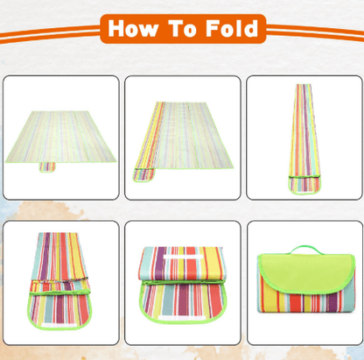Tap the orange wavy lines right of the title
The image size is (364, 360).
pos(311,31)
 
